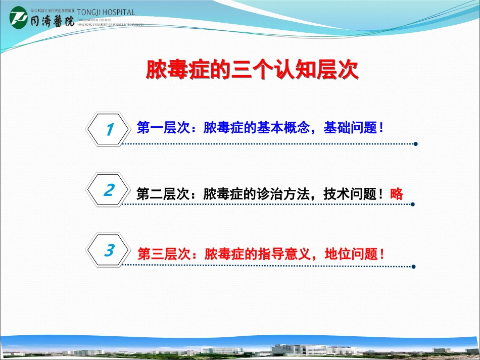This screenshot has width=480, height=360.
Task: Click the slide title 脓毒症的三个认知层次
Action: [x=252, y=71]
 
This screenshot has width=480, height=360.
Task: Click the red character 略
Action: [x=397, y=193]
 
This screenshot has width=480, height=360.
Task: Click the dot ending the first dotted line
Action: [x=415, y=144]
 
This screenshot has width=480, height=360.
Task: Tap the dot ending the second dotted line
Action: [x=413, y=204]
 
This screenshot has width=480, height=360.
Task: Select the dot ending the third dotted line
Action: [x=413, y=267]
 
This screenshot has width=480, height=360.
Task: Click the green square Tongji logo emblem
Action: [x=18, y=18]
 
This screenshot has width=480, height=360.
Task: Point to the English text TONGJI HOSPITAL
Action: [x=106, y=12]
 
